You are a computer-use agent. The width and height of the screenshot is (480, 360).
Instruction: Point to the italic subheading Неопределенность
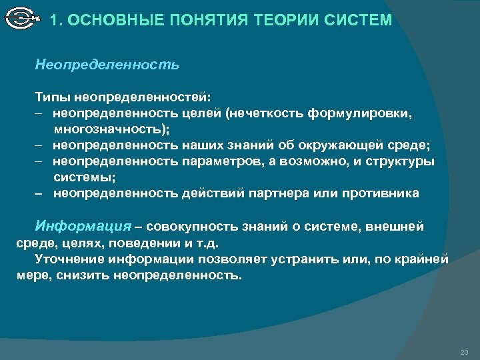[107, 65]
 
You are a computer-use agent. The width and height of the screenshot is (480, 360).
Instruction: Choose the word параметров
[223, 161]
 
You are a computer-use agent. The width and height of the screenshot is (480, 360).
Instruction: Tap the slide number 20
[464, 351]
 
